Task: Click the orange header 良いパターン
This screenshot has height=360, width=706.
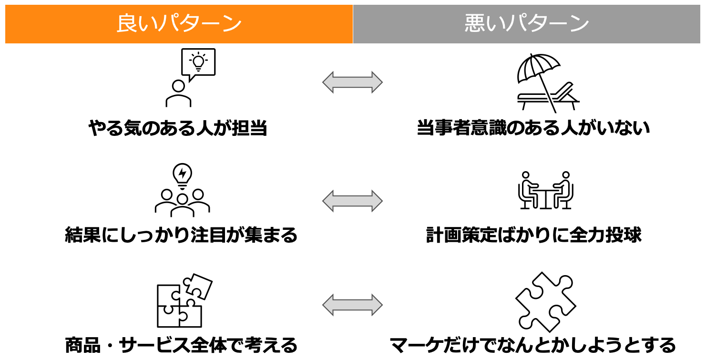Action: pos(179,24)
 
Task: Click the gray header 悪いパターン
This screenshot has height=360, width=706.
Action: pos(527,24)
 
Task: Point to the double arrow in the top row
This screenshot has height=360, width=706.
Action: pos(352,82)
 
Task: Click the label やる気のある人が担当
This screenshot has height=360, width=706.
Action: pos(177,128)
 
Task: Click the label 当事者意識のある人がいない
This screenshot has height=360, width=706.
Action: pos(533,128)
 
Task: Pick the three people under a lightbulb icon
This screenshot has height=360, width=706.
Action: pos(182,191)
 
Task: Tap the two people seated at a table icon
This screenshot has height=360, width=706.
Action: pos(546,190)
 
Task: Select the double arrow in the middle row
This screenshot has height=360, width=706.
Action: pos(352,201)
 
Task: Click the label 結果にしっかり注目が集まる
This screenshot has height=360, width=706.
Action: pos(181,235)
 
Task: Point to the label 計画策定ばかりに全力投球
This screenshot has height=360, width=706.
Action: pos(533,235)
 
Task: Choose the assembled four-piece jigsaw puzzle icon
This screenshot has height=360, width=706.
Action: pos(184,300)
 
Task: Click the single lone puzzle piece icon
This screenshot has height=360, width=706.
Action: pos(545,302)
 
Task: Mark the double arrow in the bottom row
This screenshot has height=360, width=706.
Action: pos(352,305)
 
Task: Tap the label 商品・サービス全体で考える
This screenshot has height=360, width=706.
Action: pos(181,345)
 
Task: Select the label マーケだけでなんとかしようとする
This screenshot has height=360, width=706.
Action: pos(533,345)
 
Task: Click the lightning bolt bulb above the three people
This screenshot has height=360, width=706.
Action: pos(182,175)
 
